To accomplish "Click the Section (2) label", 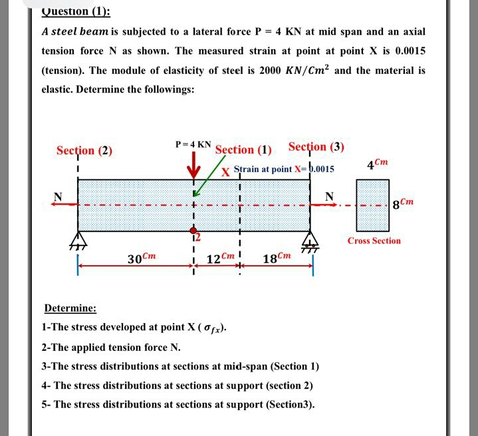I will coord(84,150).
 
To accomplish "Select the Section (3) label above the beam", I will coord(316,147).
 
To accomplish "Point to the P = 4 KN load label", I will coord(193,144).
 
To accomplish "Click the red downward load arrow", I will coord(194,165).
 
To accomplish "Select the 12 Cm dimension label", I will coord(220,259).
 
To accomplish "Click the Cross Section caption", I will coord(374,241).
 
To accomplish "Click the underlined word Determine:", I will coord(70,308).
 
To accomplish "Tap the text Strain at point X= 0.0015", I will coord(284,169).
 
